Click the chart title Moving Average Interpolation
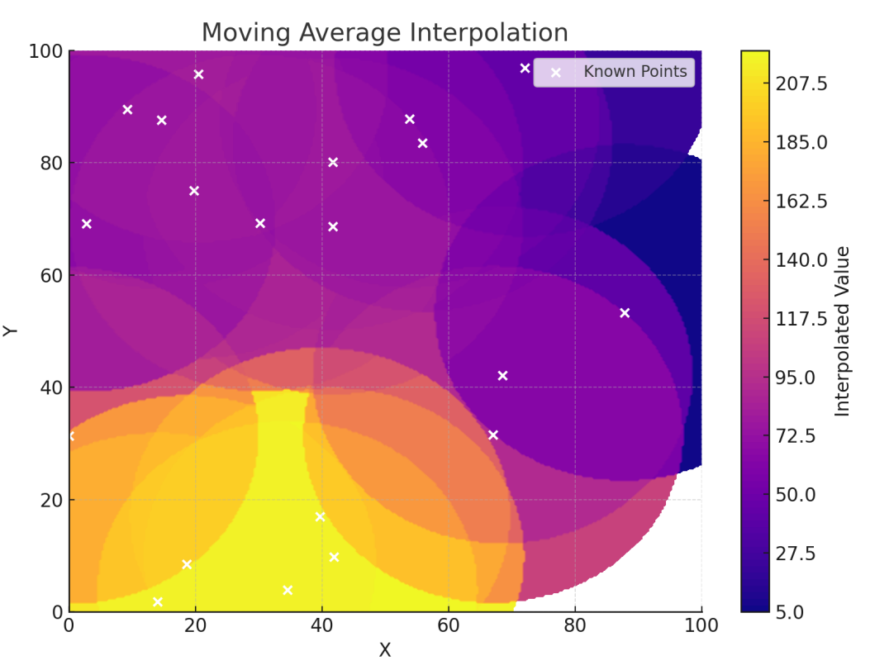(x=384, y=32)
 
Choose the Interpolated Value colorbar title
(x=842, y=330)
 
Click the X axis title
(x=384, y=650)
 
